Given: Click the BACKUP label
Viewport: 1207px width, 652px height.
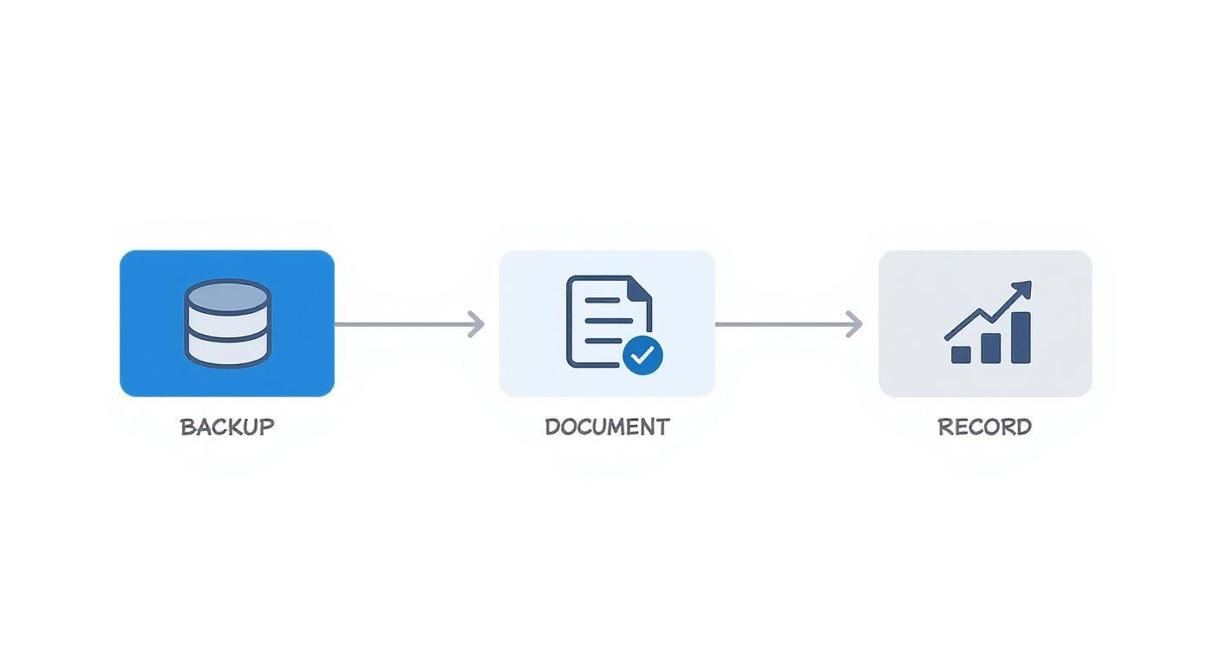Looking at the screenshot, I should point(227,427).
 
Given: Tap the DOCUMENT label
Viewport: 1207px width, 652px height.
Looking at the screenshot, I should point(607,427).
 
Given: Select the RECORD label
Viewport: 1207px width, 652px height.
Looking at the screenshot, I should point(984,427).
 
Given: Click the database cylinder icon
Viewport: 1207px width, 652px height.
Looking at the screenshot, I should point(227,323).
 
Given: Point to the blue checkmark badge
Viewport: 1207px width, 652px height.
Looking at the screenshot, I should point(643,355).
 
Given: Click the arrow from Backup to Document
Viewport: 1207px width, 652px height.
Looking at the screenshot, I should point(408,324).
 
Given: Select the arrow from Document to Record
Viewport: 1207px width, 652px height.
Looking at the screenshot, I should point(787,324).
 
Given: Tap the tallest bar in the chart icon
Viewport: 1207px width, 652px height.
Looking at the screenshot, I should point(1021,337).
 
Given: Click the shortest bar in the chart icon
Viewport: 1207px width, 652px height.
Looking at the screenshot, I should point(961,354).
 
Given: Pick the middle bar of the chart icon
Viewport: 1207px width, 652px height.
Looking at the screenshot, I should point(990,348).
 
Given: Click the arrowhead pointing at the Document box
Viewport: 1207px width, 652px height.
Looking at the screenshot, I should point(476,324).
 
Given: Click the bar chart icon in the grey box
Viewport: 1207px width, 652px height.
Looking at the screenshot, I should point(989,323).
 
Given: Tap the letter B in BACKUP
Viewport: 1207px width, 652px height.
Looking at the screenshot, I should point(186,427).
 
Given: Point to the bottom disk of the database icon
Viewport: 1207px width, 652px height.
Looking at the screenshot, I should point(227,349).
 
